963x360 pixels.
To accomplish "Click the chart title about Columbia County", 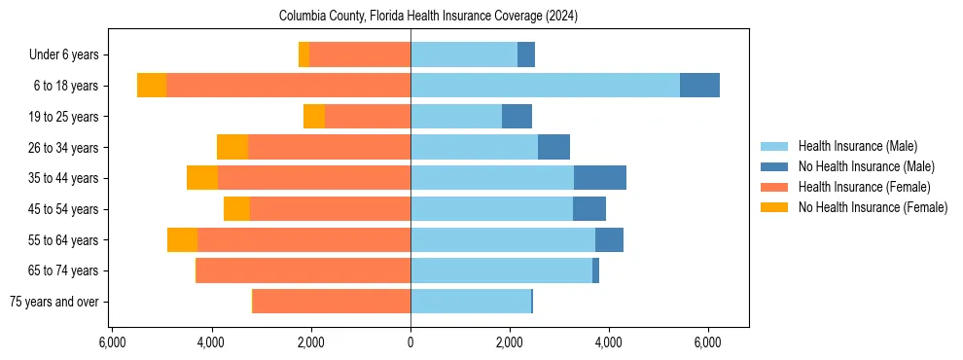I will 428,17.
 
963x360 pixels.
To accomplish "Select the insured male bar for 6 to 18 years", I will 545,86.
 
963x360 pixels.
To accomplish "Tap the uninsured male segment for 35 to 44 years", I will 599,178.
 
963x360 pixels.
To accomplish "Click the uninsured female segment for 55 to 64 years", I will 182,239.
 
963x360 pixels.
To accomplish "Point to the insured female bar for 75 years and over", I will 332,302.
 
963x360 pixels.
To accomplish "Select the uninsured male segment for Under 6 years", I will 526,54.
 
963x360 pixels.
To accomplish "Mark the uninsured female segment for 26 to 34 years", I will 232,147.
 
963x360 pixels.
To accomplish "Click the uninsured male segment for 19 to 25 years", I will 517,117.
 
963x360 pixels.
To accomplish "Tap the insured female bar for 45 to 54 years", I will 330,209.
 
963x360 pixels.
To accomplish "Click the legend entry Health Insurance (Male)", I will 857,146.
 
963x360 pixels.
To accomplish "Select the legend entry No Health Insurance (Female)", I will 873,207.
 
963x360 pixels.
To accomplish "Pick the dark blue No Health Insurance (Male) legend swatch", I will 774,166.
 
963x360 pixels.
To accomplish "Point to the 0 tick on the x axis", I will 410,342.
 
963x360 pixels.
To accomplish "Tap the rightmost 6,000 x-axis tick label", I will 707,342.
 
